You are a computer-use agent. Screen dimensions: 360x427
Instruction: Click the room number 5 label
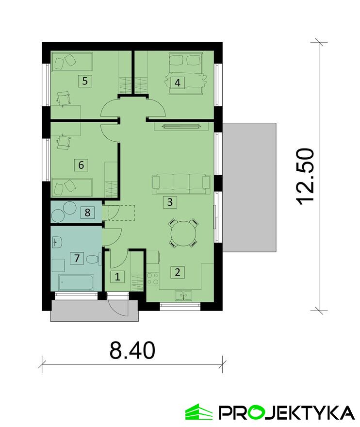pyautogui.click(x=85, y=81)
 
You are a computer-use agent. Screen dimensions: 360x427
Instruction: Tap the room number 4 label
pyautogui.click(x=178, y=82)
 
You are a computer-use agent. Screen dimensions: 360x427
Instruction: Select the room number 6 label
pyautogui.click(x=81, y=165)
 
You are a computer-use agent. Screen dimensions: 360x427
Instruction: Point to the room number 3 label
pyautogui.click(x=170, y=202)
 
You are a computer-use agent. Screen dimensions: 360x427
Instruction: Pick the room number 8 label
pyautogui.click(x=87, y=213)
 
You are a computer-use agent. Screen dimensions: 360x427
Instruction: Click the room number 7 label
pyautogui.click(x=77, y=258)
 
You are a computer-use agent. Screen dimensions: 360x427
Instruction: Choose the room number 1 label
pyautogui.click(x=117, y=277)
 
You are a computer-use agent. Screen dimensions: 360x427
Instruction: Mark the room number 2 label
pyautogui.click(x=178, y=272)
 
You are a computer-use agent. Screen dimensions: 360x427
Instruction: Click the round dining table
pyautogui.click(x=183, y=233)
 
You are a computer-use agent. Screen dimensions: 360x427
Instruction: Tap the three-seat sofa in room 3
pyautogui.click(x=181, y=184)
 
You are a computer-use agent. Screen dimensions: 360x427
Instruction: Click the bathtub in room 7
pyautogui.click(x=77, y=283)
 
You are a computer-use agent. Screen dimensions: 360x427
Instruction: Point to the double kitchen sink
pyautogui.click(x=183, y=295)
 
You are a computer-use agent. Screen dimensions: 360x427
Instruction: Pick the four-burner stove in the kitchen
pyautogui.click(x=153, y=279)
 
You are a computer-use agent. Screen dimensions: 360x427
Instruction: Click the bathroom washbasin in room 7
pyautogui.click(x=57, y=242)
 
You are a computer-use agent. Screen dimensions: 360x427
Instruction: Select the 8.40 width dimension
pyautogui.click(x=132, y=350)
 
